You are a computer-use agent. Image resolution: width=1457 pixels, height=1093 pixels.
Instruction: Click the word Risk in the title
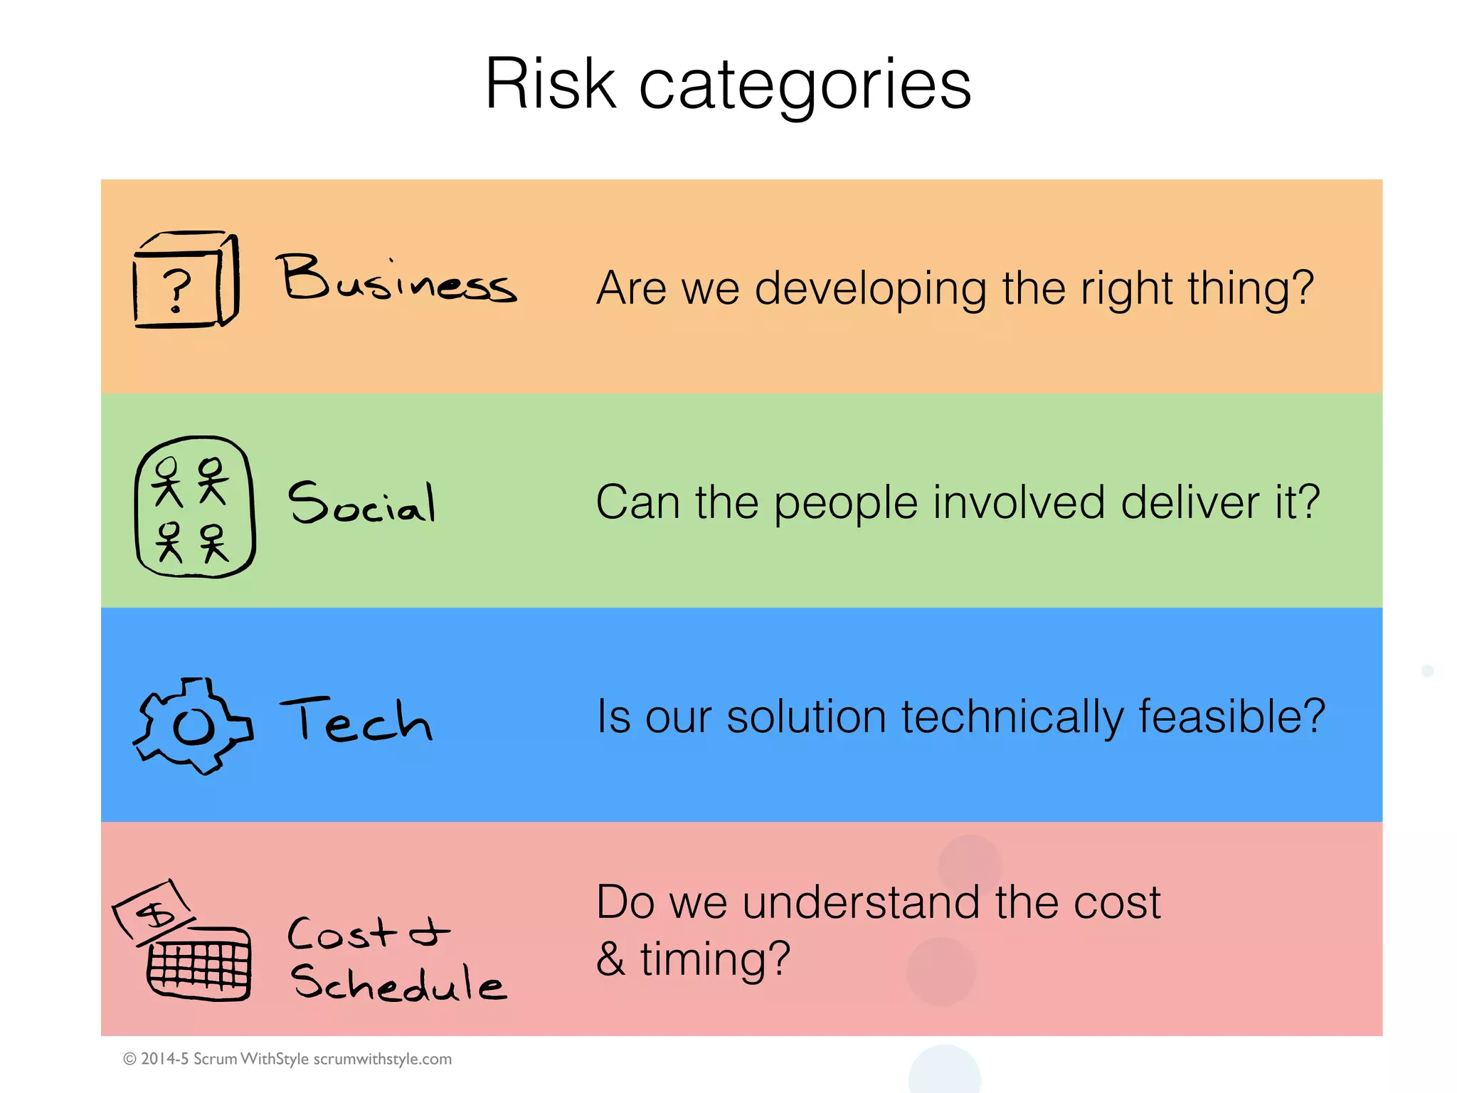click(x=550, y=84)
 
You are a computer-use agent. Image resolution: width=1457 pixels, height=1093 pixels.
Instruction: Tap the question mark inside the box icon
click(x=176, y=290)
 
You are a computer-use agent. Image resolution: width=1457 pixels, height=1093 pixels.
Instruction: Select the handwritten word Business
click(x=396, y=279)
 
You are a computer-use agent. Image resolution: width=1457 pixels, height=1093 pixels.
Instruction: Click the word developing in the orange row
click(x=870, y=289)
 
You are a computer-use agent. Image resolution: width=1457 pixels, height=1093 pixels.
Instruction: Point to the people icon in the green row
click(x=194, y=507)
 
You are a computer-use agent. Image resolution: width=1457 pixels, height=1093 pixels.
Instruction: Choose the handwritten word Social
click(x=361, y=502)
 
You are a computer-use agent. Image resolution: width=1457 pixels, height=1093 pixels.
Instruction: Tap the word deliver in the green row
click(x=1189, y=502)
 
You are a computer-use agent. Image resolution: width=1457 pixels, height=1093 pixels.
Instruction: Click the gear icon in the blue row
click(x=193, y=725)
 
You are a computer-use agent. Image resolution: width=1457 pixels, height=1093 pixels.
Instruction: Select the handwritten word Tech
click(x=356, y=719)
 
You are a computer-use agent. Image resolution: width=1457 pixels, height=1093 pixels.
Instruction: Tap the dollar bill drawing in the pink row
click(x=154, y=911)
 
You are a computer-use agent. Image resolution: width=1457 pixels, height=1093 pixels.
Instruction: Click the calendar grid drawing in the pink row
click(x=199, y=964)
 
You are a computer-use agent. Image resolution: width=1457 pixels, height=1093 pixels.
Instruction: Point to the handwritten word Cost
click(x=341, y=933)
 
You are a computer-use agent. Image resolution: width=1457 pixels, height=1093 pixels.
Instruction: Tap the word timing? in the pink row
click(x=715, y=959)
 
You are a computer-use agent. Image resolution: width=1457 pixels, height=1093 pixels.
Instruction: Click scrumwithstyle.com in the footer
click(x=382, y=1059)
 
